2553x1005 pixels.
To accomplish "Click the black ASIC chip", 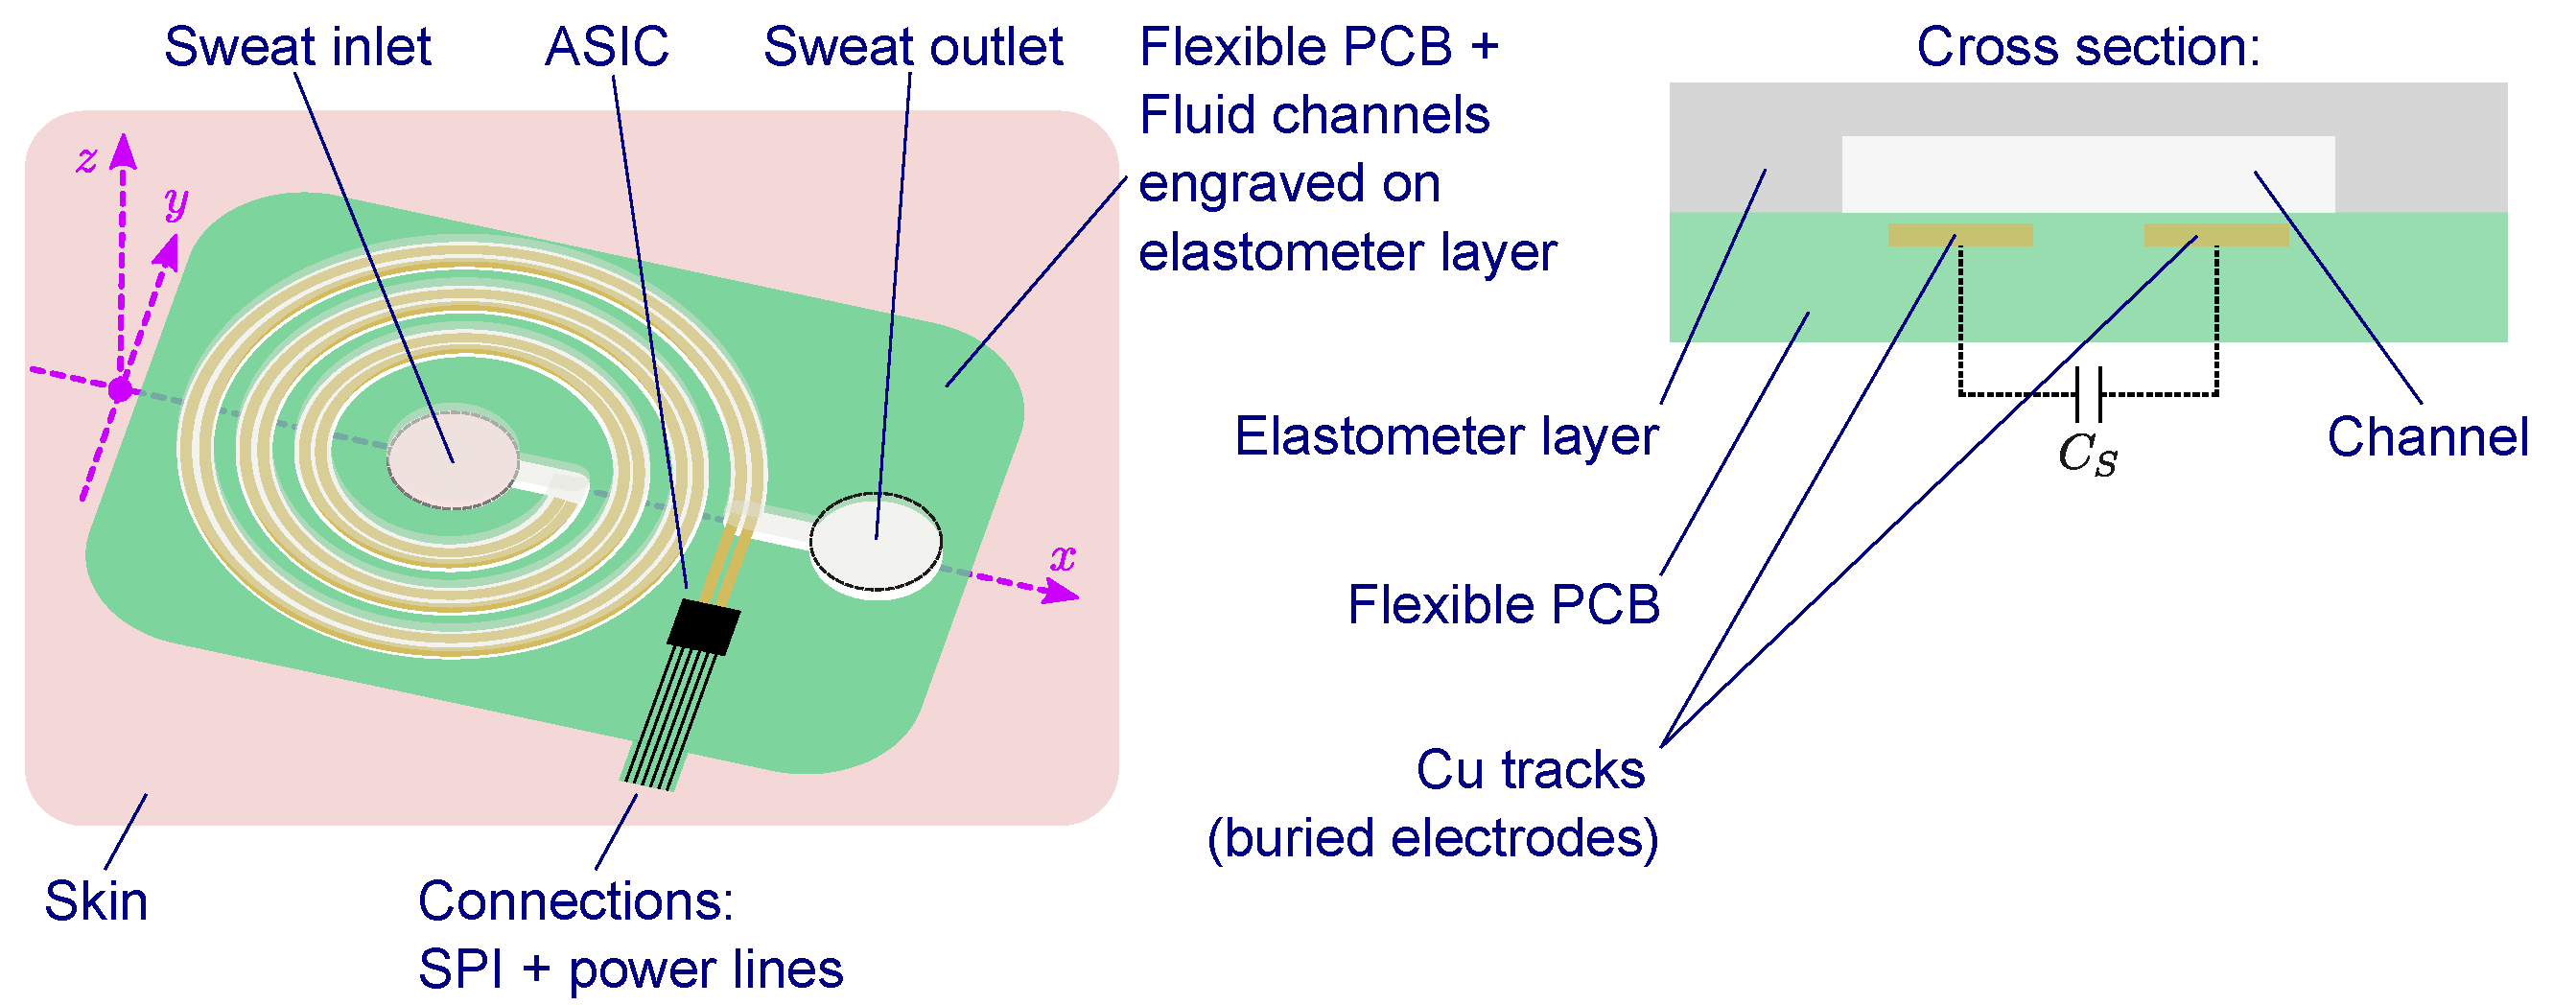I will click(704, 625).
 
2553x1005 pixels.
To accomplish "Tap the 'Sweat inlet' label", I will click(297, 47).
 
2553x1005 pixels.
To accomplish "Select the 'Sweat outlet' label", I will click(912, 47).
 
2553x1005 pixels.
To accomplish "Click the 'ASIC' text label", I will click(606, 47).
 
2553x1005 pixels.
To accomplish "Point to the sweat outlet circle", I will click(875, 541).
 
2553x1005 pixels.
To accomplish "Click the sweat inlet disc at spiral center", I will click(452, 460).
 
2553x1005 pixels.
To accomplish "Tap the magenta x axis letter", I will click(1063, 557).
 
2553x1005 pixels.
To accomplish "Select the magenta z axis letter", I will click(87, 158).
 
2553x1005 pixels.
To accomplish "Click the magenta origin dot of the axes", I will click(120, 389).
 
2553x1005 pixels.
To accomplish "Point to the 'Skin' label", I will click(96, 900).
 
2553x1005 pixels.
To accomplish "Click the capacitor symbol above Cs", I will click(2088, 393).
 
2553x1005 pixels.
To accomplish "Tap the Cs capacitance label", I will click(2087, 454).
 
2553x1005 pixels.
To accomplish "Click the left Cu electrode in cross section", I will click(1959, 235).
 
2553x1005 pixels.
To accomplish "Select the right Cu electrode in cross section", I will click(2216, 235).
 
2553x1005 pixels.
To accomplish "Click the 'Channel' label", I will click(2427, 437).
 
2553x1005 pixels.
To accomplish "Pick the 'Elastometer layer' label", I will click(1446, 436).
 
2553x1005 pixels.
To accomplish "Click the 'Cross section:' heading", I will click(2088, 47).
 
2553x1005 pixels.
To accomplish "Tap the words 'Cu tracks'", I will click(1530, 770).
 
